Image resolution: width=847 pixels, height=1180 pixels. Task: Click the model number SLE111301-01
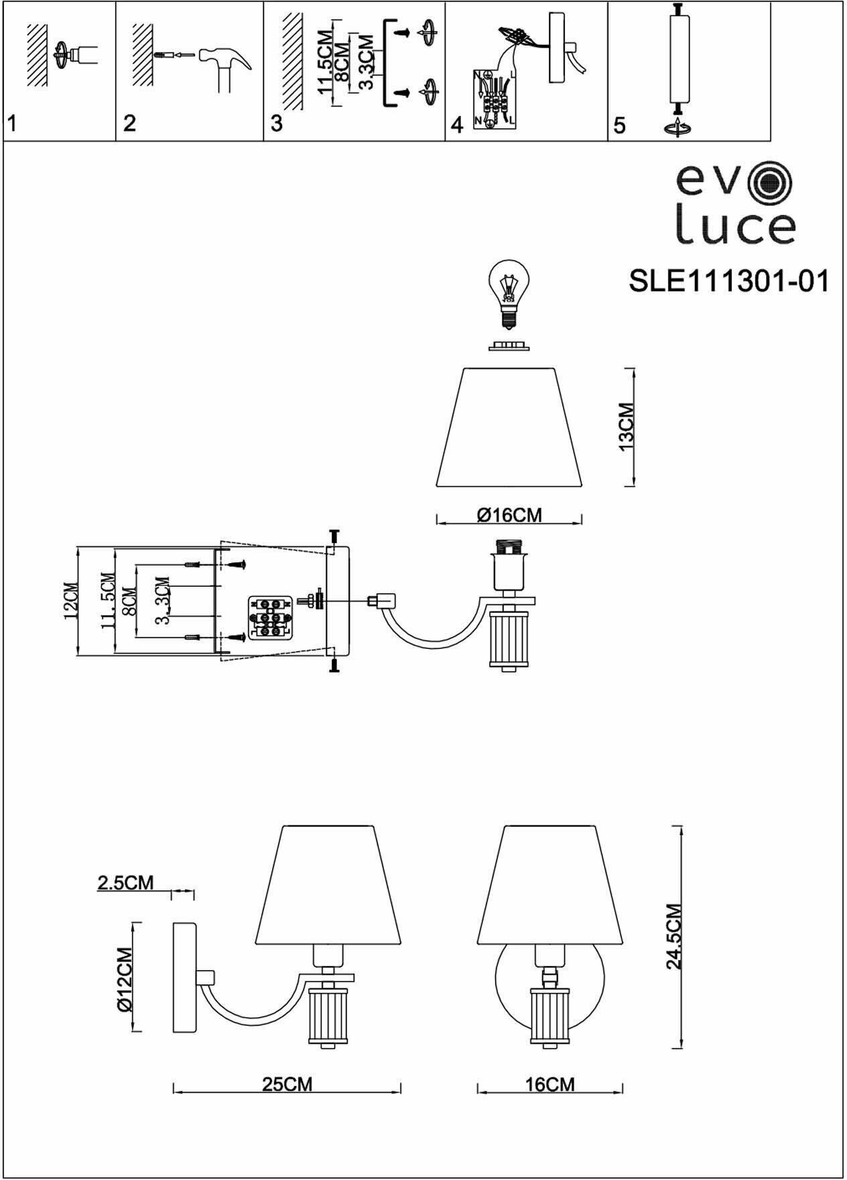(728, 282)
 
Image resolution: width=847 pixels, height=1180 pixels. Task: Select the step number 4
(457, 125)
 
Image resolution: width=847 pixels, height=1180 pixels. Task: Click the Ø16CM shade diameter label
(509, 515)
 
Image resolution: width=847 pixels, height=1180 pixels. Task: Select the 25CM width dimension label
(287, 1084)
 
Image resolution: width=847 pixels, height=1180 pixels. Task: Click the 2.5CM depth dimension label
(125, 882)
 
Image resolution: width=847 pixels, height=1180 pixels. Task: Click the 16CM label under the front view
(549, 1084)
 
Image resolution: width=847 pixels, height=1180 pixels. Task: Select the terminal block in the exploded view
(269, 616)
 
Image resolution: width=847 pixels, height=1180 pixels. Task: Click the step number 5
(619, 125)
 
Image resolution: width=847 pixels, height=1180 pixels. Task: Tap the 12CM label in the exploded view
(71, 601)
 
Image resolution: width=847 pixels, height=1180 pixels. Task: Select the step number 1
(11, 124)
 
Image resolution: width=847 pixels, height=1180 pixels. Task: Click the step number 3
(276, 124)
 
